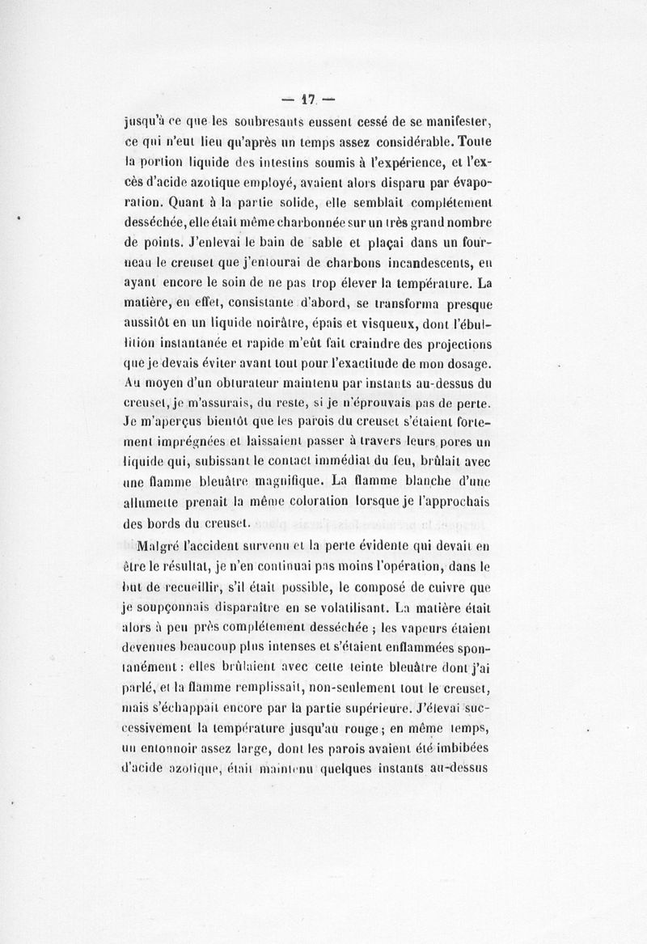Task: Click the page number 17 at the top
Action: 307,100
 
